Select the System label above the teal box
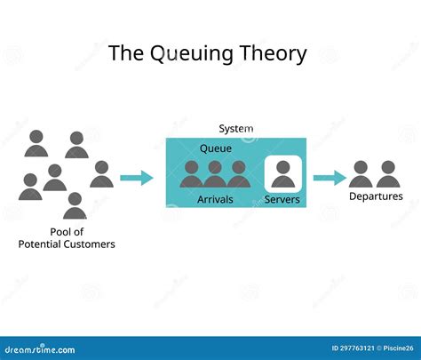235,129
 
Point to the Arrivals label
215,199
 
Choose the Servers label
282,199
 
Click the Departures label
375,196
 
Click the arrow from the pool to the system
136,178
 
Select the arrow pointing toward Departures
330,178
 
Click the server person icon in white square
282,172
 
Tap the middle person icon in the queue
215,174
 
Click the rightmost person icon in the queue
238,174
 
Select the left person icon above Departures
361,174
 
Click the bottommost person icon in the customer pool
75,206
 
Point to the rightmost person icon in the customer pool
100,174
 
